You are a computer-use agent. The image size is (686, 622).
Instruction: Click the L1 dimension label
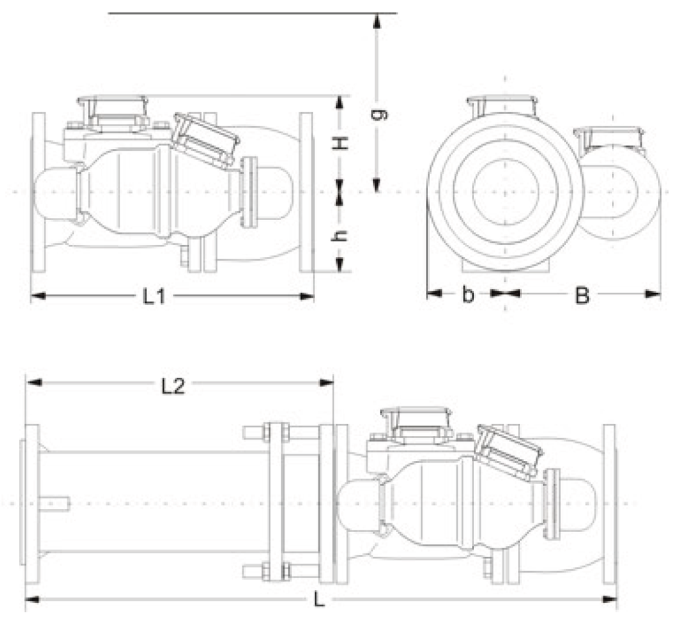point(155,297)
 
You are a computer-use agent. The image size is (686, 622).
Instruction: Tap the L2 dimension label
point(174,386)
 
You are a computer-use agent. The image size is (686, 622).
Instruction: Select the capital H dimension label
point(341,143)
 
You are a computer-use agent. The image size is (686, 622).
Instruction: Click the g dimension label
point(379,114)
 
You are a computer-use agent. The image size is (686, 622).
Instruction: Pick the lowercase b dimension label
point(468,294)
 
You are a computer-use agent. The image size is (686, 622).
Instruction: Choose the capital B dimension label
point(582,296)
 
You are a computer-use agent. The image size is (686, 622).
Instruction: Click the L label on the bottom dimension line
point(320,599)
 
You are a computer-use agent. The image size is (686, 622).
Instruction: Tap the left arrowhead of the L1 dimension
point(38,296)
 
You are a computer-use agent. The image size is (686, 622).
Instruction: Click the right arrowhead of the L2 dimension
point(327,383)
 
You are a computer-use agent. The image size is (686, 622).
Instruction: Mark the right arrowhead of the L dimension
point(609,599)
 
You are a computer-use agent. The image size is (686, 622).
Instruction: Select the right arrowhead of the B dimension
point(653,294)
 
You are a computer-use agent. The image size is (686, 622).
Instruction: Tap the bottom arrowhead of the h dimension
point(340,264)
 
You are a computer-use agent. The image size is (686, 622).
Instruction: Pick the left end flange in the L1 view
point(38,193)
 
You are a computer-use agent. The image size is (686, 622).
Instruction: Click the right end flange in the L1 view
point(306,193)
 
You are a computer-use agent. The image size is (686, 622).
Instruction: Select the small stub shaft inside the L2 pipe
point(54,503)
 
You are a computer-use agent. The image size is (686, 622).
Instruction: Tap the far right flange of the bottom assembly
point(609,504)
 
